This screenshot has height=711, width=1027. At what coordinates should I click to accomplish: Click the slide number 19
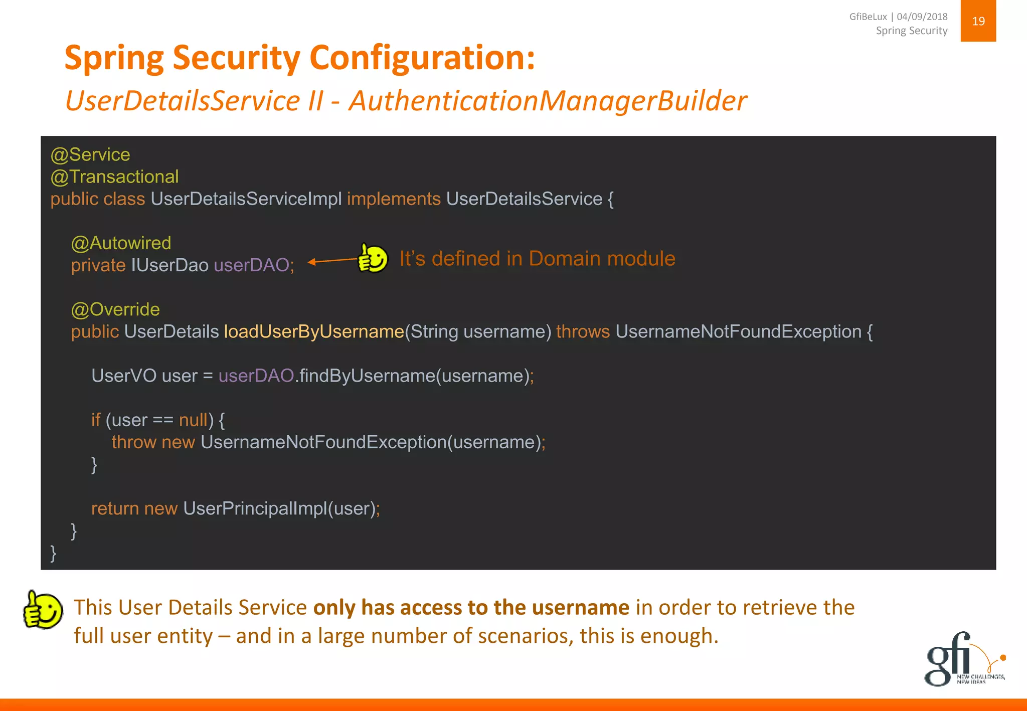pos(978,21)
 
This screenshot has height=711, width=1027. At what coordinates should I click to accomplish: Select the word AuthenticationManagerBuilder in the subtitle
pos(548,101)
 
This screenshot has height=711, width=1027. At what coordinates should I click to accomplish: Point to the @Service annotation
pos(90,154)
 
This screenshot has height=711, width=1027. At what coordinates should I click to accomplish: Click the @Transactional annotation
pos(114,176)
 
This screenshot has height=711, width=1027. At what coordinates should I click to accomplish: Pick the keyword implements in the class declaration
pos(394,199)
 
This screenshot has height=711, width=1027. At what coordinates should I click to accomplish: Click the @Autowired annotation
pos(121,243)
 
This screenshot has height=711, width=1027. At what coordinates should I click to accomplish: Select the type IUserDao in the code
pos(169,265)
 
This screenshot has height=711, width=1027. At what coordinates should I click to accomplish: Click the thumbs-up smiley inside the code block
pos(372,258)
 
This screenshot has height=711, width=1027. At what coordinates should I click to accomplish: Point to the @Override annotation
pos(115,309)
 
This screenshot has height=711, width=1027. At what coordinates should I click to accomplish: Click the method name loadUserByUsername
pos(314,332)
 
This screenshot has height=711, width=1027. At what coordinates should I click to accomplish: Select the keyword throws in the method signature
pos(583,332)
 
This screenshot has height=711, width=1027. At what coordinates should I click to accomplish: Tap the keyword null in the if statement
pos(193,420)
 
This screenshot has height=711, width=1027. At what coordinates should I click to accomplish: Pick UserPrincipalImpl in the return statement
pos(255,508)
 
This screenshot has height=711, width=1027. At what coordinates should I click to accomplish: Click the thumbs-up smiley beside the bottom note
pos(43,610)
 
